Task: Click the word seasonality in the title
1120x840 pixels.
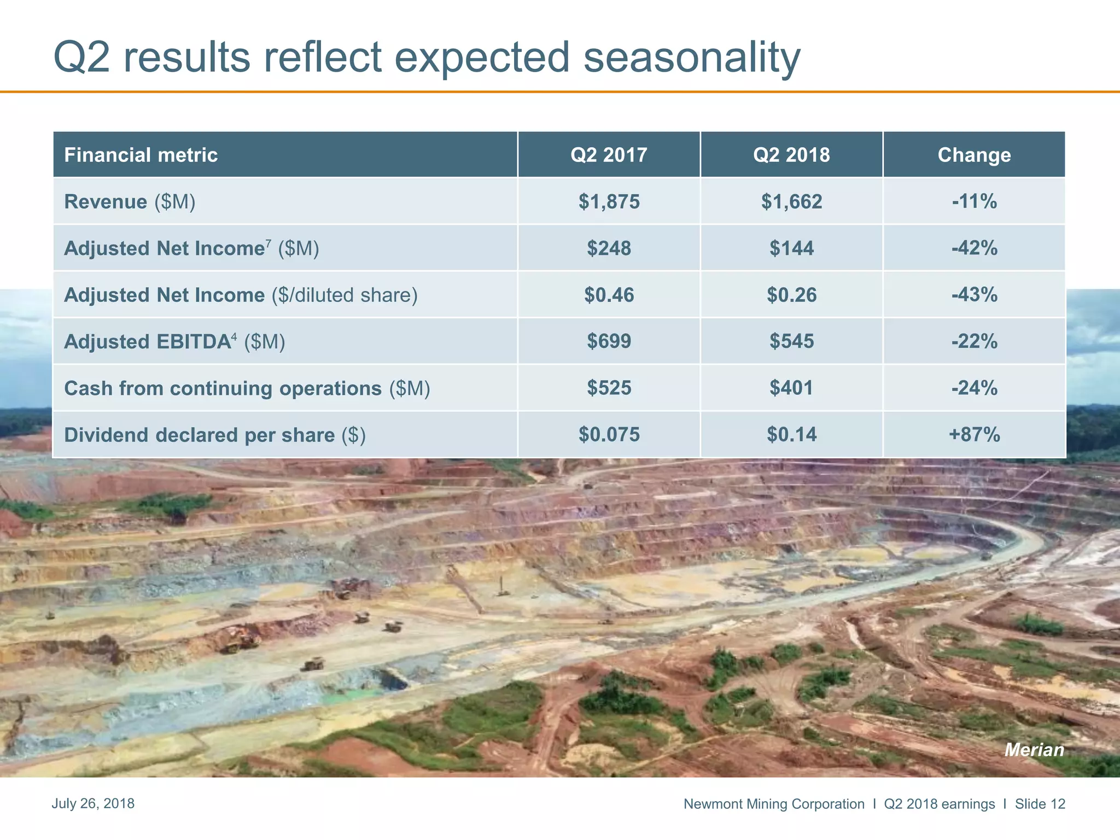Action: pyautogui.click(x=691, y=58)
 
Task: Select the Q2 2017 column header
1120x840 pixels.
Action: pyautogui.click(x=609, y=155)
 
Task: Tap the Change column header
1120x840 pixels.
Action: pyautogui.click(x=974, y=155)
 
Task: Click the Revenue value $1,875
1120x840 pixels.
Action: pyautogui.click(x=609, y=202)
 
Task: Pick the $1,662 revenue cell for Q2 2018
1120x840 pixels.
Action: pyautogui.click(x=791, y=202)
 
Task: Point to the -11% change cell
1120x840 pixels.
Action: pyautogui.click(x=974, y=202)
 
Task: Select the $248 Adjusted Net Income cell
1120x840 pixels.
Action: pyautogui.click(x=609, y=248)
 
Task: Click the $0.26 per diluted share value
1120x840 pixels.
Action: pyautogui.click(x=791, y=295)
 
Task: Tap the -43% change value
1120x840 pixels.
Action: pyautogui.click(x=974, y=295)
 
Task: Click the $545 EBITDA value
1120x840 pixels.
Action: pyautogui.click(x=791, y=342)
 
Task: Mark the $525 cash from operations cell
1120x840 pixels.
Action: pyautogui.click(x=609, y=388)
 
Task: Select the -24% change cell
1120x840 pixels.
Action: pyautogui.click(x=974, y=388)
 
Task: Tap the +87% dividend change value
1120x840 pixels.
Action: pyautogui.click(x=974, y=435)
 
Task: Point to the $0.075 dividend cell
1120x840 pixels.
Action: pyautogui.click(x=609, y=435)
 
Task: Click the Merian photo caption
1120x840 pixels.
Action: pyautogui.click(x=1034, y=750)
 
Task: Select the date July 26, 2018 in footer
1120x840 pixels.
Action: pyautogui.click(x=93, y=803)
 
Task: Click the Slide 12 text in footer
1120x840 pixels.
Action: pyautogui.click(x=1040, y=804)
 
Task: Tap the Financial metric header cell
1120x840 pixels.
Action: pyautogui.click(x=141, y=155)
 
